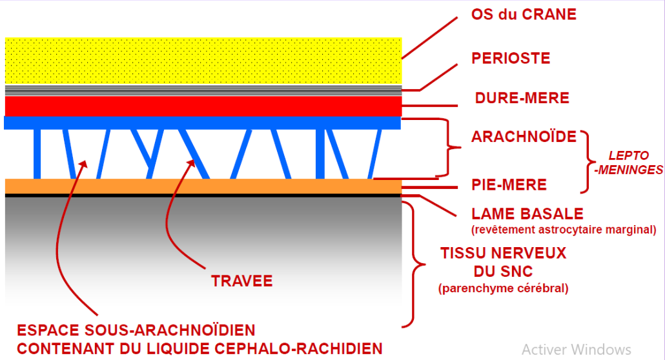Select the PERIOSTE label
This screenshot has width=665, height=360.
511,59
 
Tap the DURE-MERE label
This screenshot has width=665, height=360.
522,98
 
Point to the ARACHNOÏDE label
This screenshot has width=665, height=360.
524,137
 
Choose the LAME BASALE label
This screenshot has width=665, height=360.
527,214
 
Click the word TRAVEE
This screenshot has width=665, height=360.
242,281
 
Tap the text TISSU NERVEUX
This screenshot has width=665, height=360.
503,252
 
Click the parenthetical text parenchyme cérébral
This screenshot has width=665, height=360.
504,288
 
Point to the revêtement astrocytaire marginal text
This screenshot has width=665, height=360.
564,229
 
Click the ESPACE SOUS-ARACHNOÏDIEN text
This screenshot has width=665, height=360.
136,330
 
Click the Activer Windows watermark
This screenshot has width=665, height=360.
577,350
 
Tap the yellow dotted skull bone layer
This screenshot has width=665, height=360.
203,60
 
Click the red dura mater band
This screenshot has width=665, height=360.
203,105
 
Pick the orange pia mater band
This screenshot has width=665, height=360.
203,186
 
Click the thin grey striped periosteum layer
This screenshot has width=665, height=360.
203,90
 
